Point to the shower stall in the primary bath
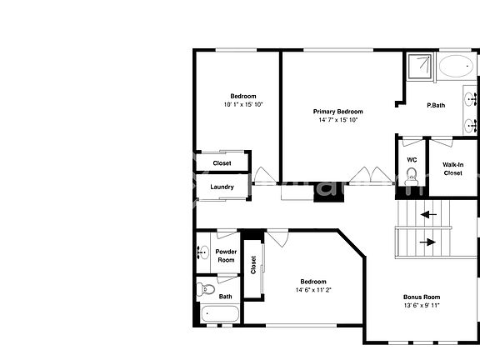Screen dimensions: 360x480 420,67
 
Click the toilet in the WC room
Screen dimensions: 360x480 411,176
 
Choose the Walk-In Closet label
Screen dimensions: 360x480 452,168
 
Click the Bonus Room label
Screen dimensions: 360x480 422,297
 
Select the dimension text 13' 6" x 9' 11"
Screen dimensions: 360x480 422,306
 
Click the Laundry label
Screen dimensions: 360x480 222,187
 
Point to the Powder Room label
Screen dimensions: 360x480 226,256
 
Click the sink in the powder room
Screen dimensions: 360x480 203,252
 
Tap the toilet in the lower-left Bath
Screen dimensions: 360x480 205,290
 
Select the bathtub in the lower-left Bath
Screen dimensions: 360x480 220,315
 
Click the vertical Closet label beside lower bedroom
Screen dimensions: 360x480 253,265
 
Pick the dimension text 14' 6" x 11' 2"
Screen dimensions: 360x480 313,290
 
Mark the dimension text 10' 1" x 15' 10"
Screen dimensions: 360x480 243,104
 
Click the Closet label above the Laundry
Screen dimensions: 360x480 222,163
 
